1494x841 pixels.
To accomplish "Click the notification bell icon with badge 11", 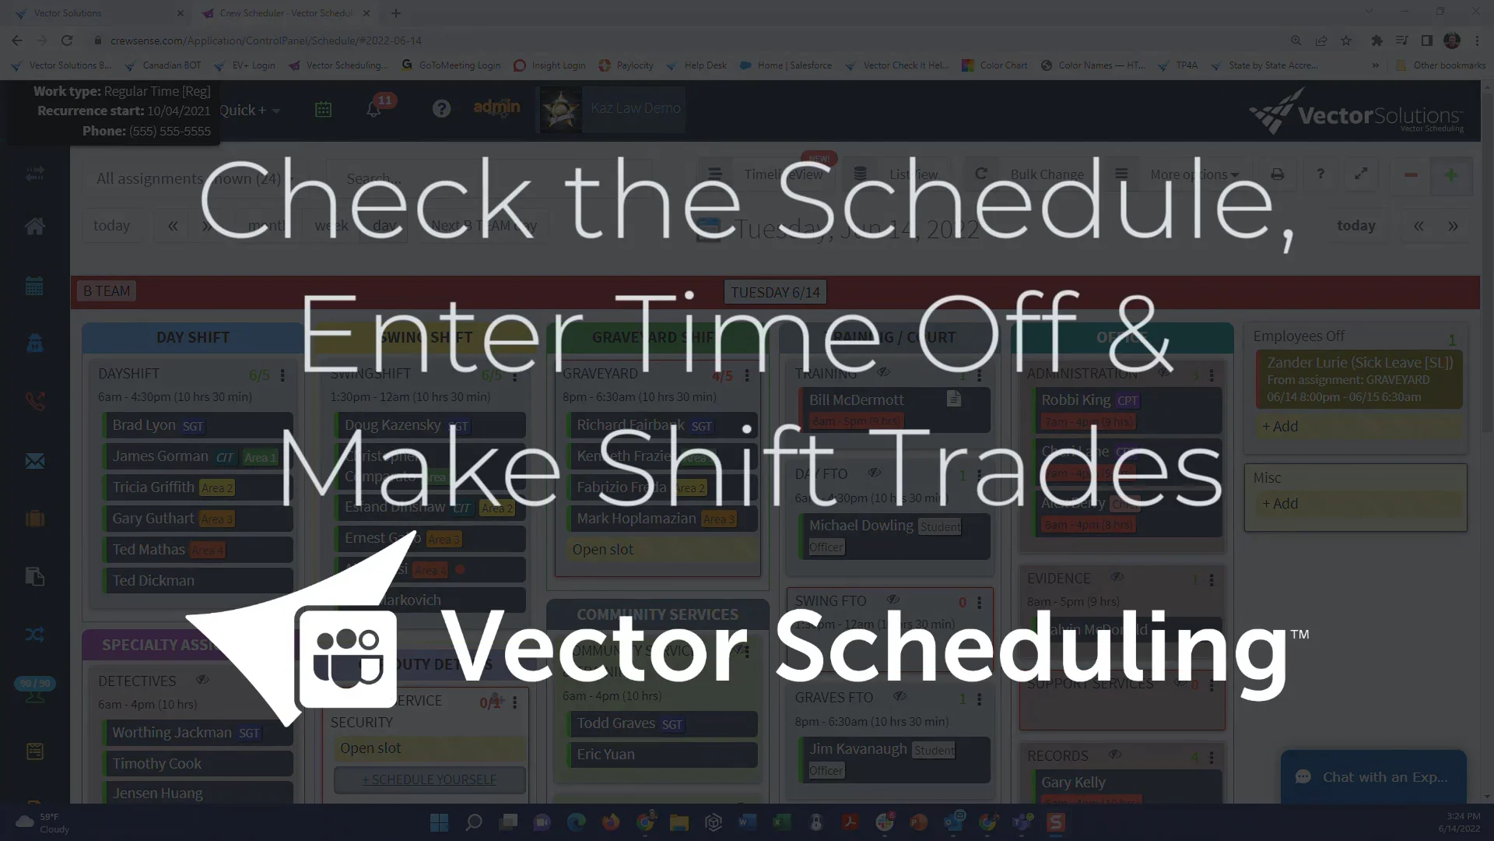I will (374, 109).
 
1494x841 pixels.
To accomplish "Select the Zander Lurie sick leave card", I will (1359, 380).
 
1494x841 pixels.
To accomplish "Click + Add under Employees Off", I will (1280, 427).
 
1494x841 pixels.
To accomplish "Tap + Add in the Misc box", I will (1280, 504).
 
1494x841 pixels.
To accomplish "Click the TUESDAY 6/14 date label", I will (775, 292).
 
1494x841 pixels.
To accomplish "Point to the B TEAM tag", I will (107, 291).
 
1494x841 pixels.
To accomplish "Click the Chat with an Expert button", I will (1373, 777).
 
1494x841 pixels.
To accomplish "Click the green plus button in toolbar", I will (1450, 175).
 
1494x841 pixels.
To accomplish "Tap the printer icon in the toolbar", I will (1277, 174).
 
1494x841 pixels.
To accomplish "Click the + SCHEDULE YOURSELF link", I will (429, 779).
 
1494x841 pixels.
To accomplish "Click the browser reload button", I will (67, 40).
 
